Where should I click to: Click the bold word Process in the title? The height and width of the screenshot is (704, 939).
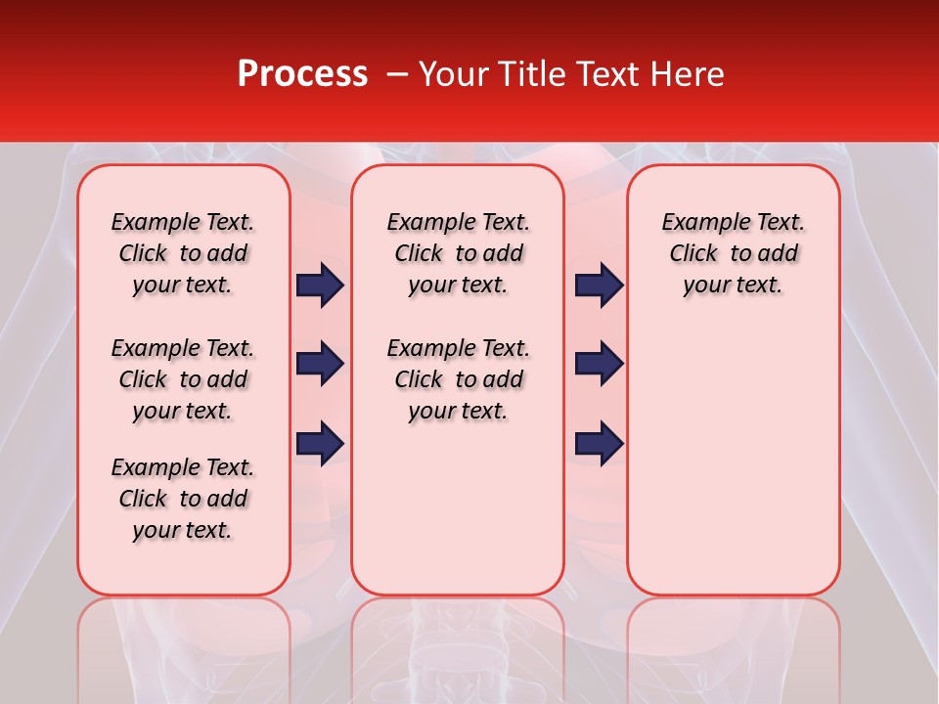coord(302,74)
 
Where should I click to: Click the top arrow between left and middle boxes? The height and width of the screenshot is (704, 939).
coord(320,286)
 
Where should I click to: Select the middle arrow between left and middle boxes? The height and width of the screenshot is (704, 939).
coord(320,364)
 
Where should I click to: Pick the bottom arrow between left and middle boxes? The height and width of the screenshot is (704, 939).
coord(320,443)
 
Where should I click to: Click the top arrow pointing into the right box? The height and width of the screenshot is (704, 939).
coord(599,286)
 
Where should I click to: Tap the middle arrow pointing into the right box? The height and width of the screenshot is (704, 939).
coord(599,364)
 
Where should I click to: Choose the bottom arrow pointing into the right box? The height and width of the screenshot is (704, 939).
coord(599,443)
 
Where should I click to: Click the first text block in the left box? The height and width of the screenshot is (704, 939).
coord(183,253)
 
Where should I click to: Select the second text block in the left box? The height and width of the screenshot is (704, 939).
coord(183,379)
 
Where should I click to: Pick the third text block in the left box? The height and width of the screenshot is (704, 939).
coord(183,499)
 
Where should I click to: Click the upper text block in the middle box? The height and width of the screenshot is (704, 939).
coord(458,253)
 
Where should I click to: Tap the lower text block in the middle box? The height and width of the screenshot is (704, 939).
coord(458,379)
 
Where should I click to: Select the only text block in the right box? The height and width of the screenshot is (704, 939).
coord(733,253)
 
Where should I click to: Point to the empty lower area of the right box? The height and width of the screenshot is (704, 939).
coord(733,460)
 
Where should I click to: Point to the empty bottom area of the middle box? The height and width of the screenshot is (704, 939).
coord(458,518)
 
